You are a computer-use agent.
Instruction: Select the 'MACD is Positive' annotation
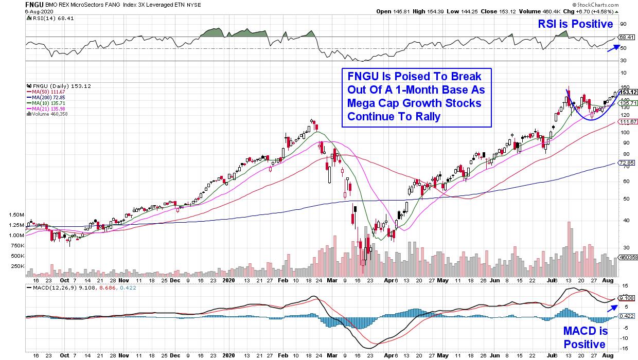[586, 337]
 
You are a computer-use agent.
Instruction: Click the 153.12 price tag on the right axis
[628, 92]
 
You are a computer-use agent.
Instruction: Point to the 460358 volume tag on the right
[628, 257]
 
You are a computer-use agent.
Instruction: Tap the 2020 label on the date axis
[229, 281]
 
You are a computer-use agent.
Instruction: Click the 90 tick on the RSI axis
[623, 24]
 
